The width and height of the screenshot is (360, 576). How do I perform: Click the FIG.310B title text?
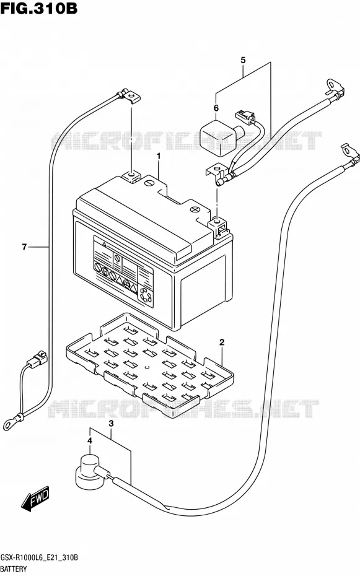tap(39, 9)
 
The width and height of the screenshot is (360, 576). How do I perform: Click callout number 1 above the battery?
tap(159, 157)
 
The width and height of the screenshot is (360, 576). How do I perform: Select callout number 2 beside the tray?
tap(222, 343)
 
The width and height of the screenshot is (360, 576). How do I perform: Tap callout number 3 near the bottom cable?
tap(111, 424)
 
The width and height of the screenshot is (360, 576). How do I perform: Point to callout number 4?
tap(90, 441)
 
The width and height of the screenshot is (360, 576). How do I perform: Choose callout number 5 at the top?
tap(243, 60)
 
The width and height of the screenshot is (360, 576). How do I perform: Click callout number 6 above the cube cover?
tap(216, 108)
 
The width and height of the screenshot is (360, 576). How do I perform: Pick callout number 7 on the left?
tap(24, 247)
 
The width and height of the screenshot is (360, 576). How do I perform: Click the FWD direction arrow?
tap(35, 499)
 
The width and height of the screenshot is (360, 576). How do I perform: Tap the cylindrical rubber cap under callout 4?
tap(87, 472)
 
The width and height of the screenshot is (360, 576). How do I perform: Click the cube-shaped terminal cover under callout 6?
tap(222, 137)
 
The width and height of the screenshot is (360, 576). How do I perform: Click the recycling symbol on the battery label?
tap(145, 296)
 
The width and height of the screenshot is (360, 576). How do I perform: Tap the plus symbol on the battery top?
tap(195, 209)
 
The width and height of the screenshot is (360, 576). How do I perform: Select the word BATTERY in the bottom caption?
tap(14, 569)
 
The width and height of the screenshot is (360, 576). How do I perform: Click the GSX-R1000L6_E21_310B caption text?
tap(39, 557)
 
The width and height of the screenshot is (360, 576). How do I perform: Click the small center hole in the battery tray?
tap(147, 367)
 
